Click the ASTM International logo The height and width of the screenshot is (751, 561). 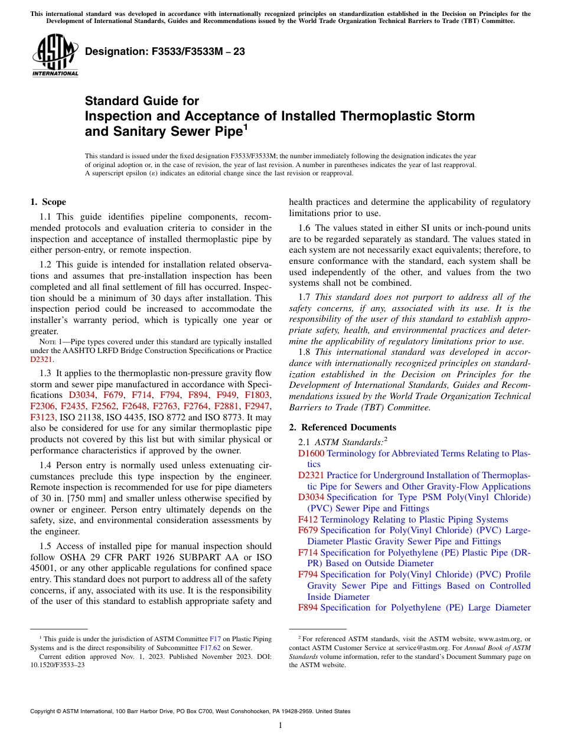pyautogui.click(x=55, y=56)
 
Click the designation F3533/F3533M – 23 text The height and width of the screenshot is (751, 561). pyautogui.click(x=165, y=52)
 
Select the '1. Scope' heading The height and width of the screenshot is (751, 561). pyautogui.click(x=48, y=202)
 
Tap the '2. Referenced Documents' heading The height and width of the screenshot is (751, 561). pyautogui.click(x=343, y=427)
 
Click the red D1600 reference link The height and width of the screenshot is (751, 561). pyautogui.click(x=311, y=453)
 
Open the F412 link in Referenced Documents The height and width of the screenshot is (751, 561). pyautogui.click(x=308, y=520)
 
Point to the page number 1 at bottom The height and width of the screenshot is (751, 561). pyautogui.click(x=280, y=726)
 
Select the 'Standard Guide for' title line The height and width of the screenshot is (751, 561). pyautogui.click(x=142, y=101)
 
